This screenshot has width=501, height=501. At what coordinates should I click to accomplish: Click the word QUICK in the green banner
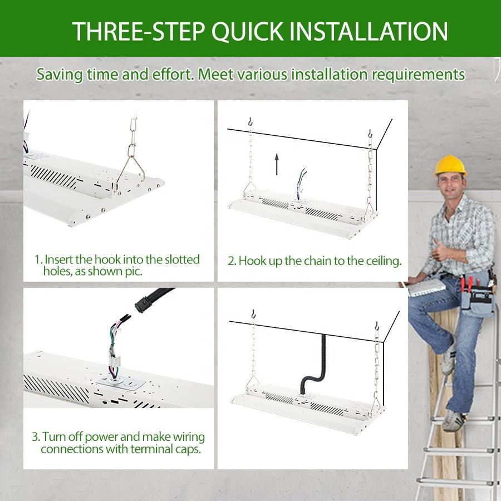[x=247, y=32]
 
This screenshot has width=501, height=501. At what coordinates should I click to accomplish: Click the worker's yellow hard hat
[x=450, y=165]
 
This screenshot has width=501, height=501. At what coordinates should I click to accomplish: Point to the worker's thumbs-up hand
[x=440, y=250]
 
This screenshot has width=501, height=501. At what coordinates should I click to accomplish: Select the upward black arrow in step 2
[x=277, y=164]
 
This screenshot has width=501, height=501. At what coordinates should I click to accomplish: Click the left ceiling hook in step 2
[x=250, y=122]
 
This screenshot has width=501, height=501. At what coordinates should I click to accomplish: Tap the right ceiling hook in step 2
[x=370, y=133]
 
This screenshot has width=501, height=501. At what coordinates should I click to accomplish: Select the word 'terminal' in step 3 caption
[x=152, y=449]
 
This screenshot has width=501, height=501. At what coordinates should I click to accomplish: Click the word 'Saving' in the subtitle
[x=60, y=75]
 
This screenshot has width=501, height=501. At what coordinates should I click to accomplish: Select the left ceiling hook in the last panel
[x=253, y=314]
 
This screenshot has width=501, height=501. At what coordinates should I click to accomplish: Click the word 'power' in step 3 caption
[x=102, y=437]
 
